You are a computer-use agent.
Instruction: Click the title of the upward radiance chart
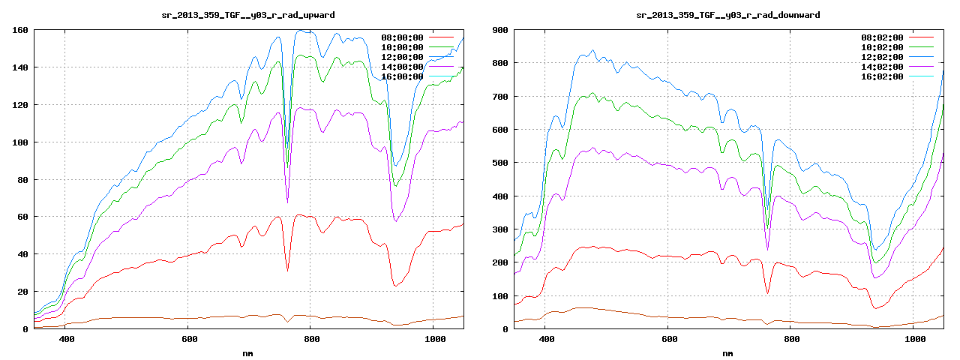(248, 15)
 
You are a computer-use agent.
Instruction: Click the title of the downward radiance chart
(727, 15)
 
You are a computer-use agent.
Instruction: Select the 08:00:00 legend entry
(403, 37)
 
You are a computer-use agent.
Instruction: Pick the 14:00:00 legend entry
(403, 67)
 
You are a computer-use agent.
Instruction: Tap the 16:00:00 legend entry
(403, 76)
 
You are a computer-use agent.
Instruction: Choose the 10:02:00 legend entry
(883, 47)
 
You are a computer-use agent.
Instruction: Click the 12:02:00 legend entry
(883, 57)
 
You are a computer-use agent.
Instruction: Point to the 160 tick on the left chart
(20, 30)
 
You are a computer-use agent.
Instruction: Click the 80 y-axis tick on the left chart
(22, 180)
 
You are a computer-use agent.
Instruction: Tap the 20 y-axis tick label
(22, 292)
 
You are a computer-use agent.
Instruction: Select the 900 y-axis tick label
(500, 30)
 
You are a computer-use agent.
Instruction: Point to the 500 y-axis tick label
(500, 163)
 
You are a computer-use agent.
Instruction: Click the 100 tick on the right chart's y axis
(500, 296)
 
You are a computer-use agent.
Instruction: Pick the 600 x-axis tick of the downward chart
(667, 340)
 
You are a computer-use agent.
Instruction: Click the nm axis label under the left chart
(248, 352)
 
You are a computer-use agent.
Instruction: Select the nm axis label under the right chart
(727, 352)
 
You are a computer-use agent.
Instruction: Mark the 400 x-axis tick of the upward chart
(66, 340)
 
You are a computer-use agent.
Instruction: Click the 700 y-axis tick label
(500, 97)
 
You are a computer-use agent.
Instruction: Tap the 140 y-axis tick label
(20, 67)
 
